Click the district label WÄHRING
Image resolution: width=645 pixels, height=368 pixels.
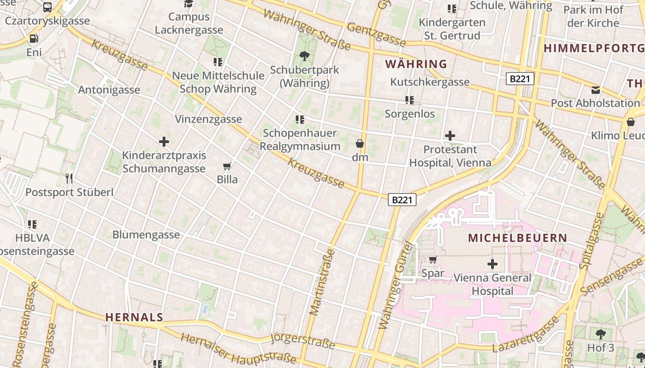[x=416, y=64]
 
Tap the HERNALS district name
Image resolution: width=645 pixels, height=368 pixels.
[x=134, y=317]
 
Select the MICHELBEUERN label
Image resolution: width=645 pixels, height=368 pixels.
[x=517, y=238]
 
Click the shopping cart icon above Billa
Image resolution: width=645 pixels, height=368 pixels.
[x=227, y=166]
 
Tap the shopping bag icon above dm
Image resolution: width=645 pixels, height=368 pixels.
[x=360, y=144]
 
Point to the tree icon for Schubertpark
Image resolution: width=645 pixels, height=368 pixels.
[x=304, y=57]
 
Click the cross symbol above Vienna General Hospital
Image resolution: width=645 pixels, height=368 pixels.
[x=493, y=264]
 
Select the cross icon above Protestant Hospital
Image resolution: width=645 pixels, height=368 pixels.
[x=450, y=136]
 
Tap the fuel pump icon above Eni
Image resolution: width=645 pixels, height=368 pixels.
[x=34, y=39]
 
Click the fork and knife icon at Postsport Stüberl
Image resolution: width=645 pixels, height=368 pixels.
[x=69, y=178]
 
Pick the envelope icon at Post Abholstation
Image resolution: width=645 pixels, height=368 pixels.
[x=596, y=90]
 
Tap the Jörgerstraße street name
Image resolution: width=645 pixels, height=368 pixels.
[x=303, y=341]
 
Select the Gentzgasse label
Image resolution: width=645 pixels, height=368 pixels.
[x=376, y=35]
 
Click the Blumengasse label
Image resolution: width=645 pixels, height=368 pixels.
[x=146, y=235]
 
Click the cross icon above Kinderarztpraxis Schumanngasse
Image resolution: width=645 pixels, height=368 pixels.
[x=164, y=142]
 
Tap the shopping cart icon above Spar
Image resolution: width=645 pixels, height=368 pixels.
[x=433, y=260]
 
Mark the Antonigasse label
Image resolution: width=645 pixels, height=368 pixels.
[x=109, y=90]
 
